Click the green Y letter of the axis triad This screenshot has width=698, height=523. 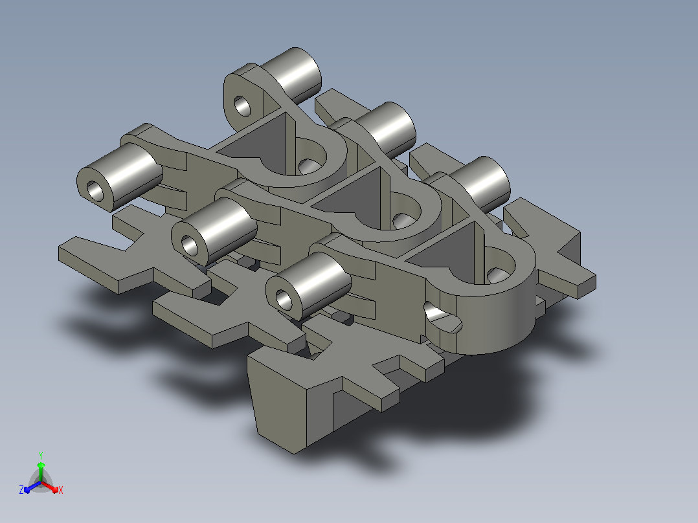(x=41, y=456)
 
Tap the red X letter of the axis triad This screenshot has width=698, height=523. (x=61, y=490)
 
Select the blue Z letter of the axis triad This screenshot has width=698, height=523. (x=21, y=489)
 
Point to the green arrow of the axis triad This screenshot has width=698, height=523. (x=41, y=471)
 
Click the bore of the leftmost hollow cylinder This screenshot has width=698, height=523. (x=95, y=191)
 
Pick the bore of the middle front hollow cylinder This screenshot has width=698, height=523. (x=190, y=245)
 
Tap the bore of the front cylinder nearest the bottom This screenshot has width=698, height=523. (x=284, y=300)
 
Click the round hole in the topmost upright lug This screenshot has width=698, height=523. (x=242, y=106)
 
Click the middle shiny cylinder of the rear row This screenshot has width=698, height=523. (x=385, y=128)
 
